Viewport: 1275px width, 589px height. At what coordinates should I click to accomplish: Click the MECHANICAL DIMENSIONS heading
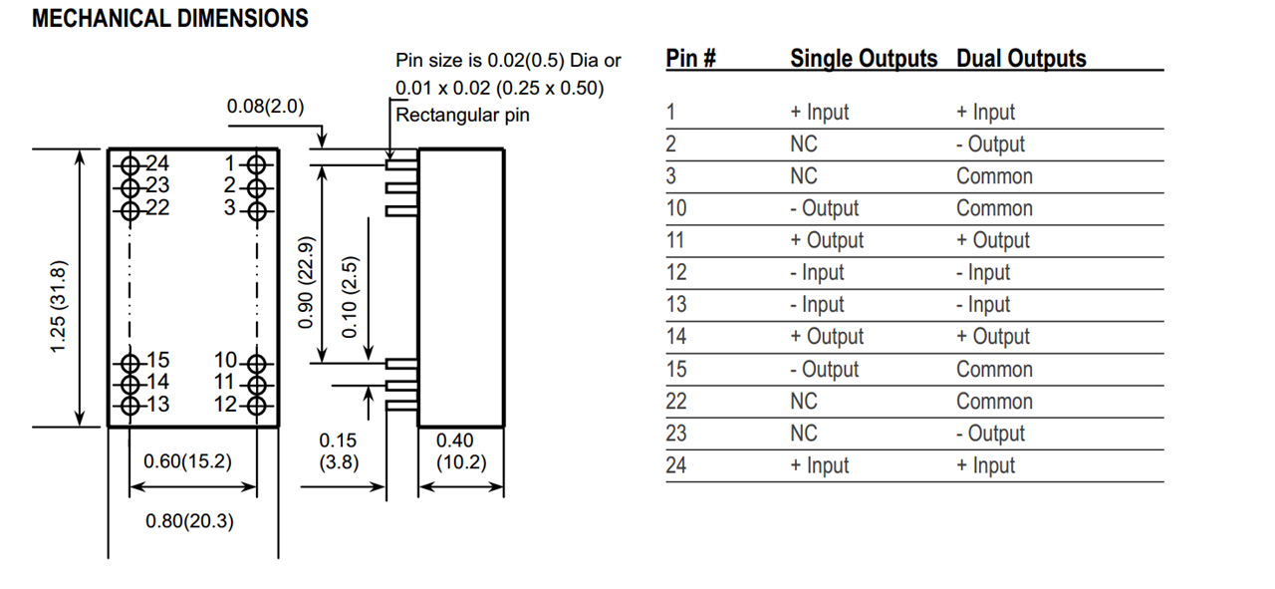(x=170, y=19)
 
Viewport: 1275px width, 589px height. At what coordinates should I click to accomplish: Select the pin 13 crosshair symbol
(x=128, y=405)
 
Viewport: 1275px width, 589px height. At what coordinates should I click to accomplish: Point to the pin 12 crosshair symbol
(x=256, y=405)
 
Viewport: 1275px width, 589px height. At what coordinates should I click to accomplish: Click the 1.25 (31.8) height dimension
(x=60, y=304)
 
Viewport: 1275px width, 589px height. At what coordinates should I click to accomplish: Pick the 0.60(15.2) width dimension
(x=187, y=461)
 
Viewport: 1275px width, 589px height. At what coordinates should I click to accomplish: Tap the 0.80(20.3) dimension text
(x=190, y=521)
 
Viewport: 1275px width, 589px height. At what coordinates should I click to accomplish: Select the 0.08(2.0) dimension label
(x=265, y=107)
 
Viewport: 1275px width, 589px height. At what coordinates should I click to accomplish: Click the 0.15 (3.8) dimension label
(x=339, y=451)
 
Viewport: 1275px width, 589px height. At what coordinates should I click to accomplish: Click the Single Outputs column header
(x=864, y=59)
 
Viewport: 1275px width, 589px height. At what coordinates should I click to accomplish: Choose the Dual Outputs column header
(x=1021, y=59)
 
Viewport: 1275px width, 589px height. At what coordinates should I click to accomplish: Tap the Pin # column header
(x=691, y=59)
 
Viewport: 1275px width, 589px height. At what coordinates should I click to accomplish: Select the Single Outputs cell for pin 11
(x=827, y=240)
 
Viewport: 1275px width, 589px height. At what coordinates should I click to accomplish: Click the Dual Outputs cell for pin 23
(x=990, y=434)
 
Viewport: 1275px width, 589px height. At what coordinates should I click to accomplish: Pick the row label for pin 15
(x=676, y=369)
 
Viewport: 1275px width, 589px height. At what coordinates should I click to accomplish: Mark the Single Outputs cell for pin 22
(x=803, y=401)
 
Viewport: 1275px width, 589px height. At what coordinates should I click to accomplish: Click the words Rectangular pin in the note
(x=463, y=115)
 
